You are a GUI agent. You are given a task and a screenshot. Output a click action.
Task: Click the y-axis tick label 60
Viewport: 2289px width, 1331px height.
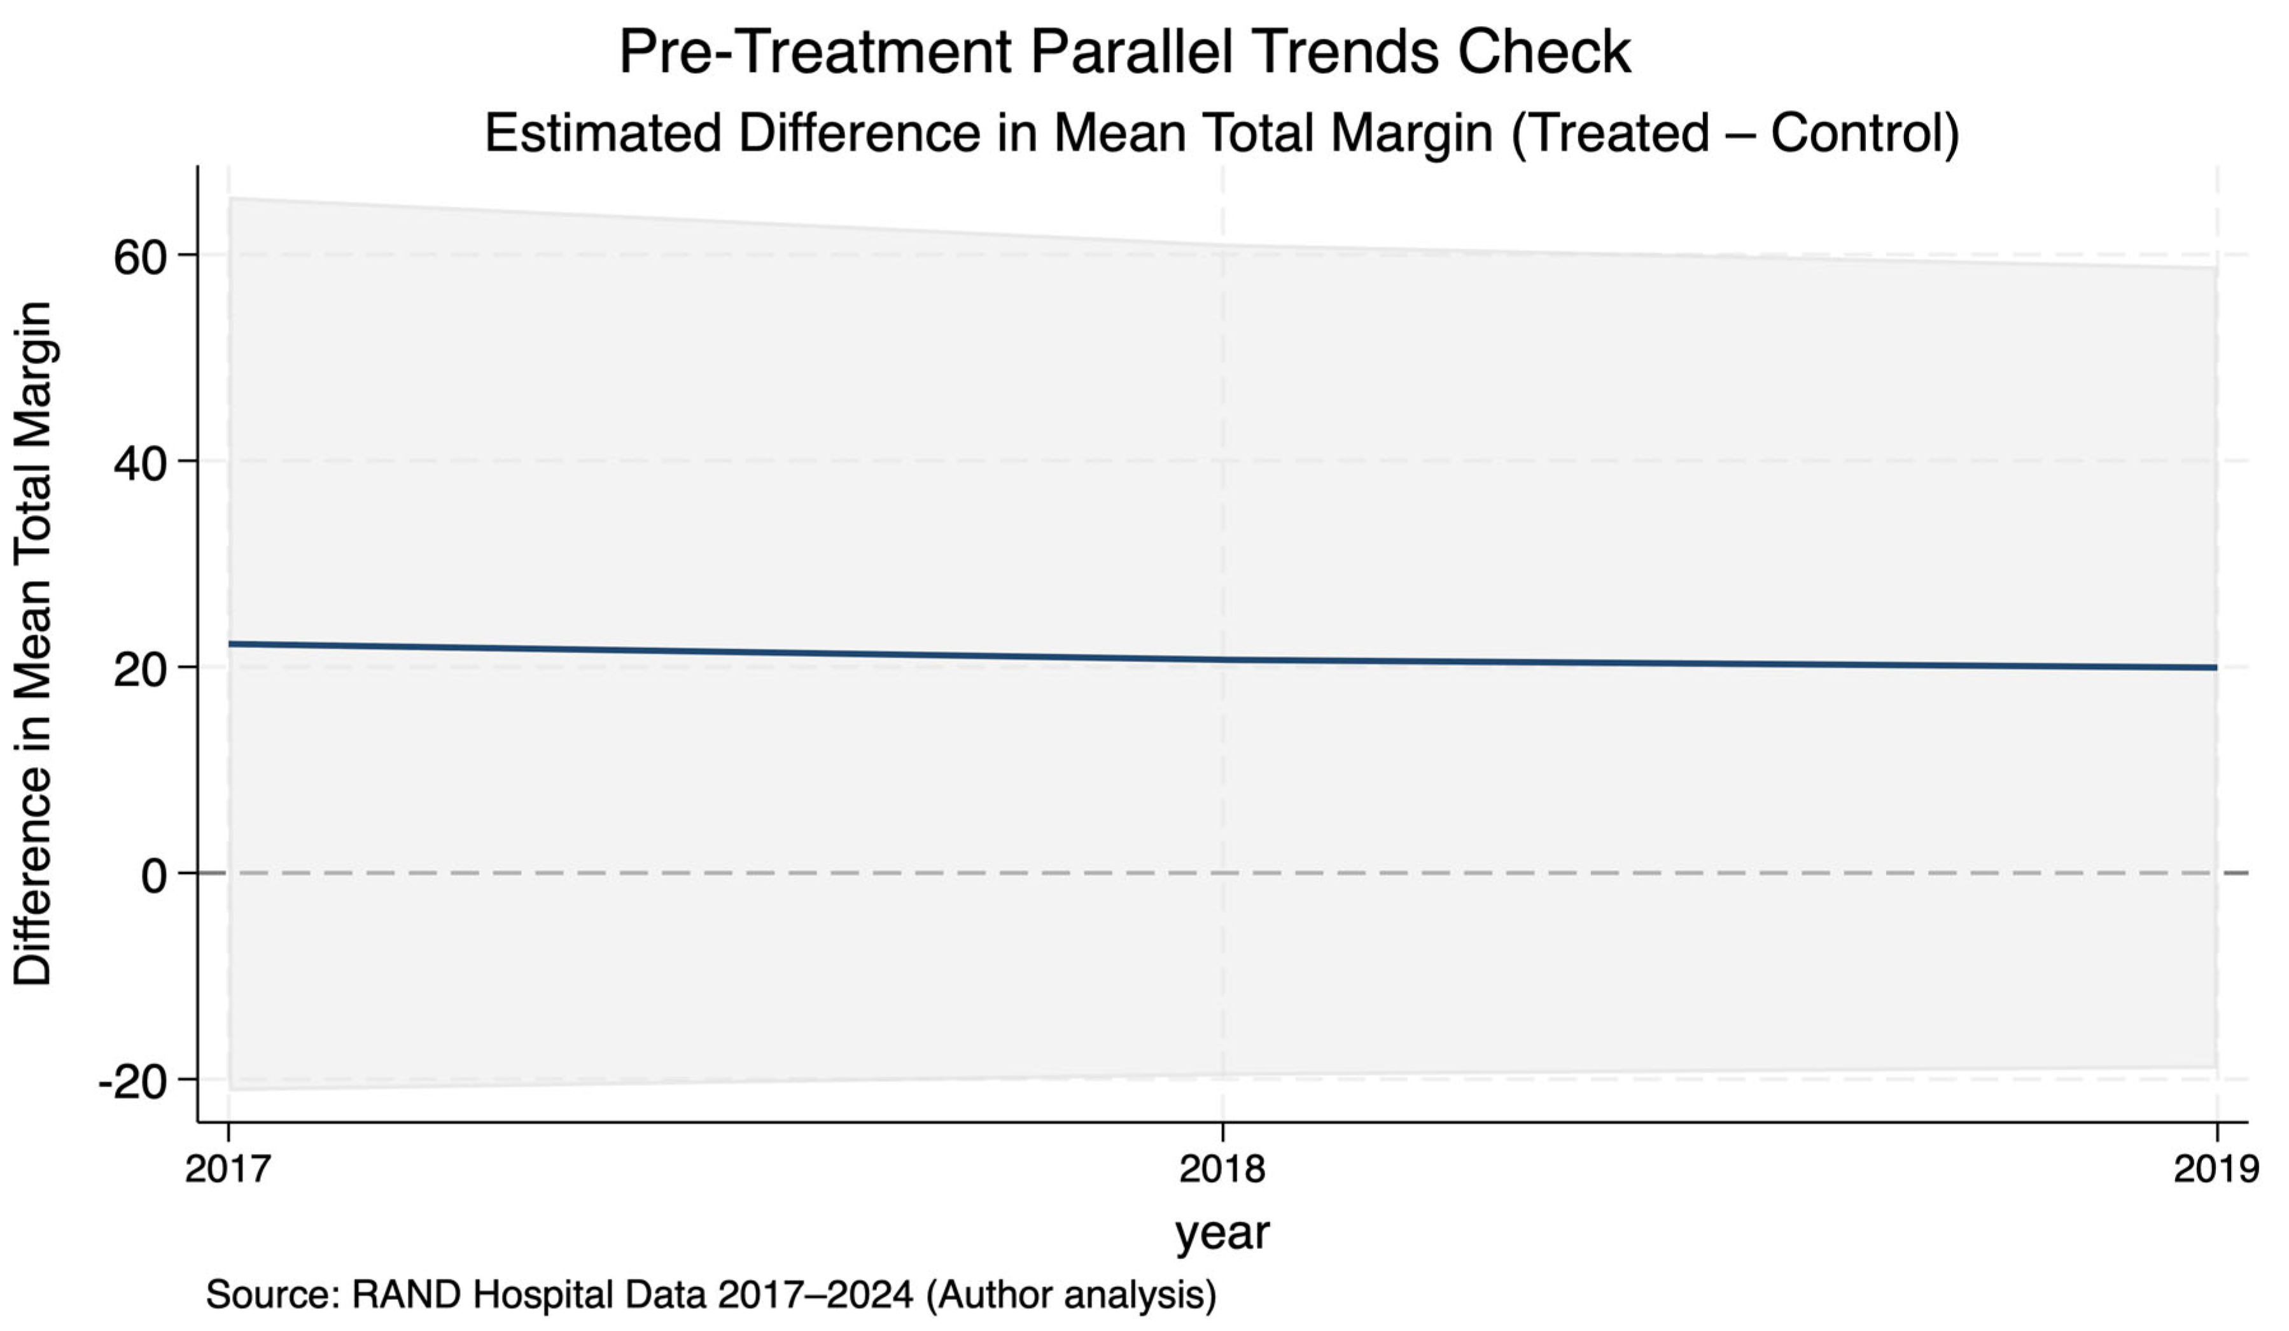(141, 258)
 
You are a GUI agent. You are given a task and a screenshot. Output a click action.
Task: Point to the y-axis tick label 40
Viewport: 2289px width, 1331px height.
(141, 464)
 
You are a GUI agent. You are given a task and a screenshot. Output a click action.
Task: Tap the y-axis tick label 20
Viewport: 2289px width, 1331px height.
(141, 670)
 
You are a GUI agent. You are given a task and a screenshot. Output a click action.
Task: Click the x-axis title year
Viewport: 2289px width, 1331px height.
(1222, 1234)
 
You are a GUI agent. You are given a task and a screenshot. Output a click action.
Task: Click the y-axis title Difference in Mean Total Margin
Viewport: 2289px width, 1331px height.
(34, 644)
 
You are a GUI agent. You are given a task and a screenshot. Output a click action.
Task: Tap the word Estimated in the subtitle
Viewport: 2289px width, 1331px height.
(604, 134)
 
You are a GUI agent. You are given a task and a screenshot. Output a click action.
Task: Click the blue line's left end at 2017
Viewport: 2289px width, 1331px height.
(229, 644)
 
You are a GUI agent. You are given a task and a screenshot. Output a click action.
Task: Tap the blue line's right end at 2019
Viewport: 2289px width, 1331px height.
(2216, 668)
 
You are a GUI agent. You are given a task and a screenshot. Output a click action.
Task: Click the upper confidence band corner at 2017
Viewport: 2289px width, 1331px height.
(230, 198)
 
